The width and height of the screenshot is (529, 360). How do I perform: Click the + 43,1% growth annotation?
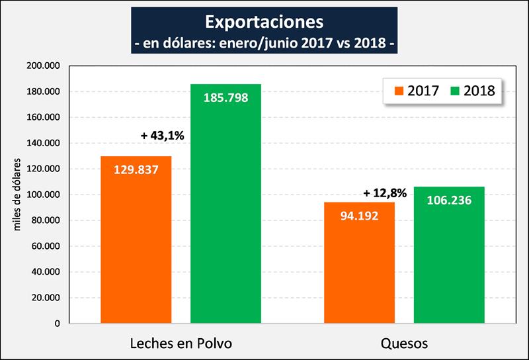point(162,136)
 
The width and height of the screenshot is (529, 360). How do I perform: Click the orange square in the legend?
point(397,91)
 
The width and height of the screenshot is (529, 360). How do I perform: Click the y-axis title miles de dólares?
point(18,195)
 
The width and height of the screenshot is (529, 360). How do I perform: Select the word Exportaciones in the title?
point(264,22)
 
